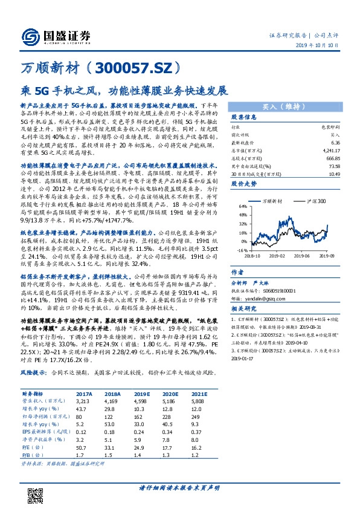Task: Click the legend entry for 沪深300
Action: tap(315, 201)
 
